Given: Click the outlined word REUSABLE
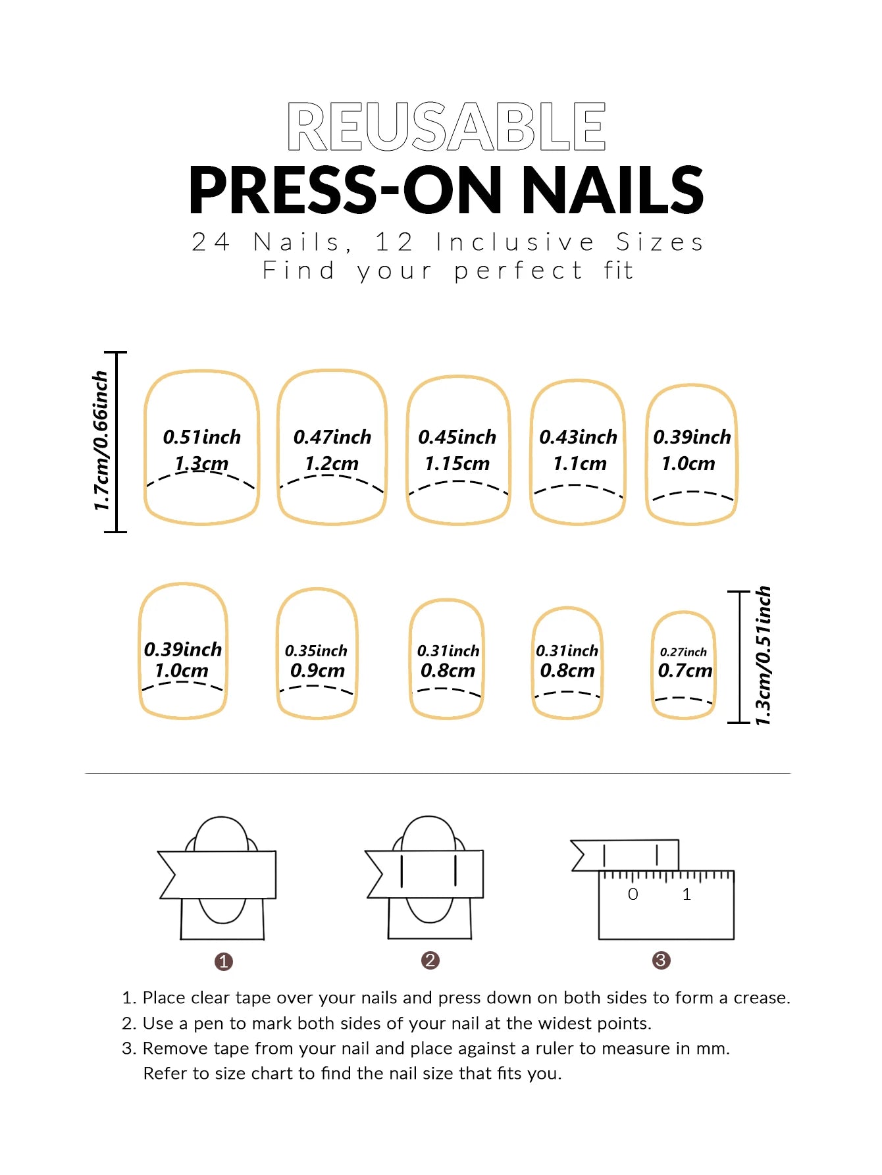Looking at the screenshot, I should [x=446, y=126].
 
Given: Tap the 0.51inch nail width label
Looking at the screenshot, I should [x=202, y=437].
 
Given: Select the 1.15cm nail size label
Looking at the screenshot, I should [x=457, y=463].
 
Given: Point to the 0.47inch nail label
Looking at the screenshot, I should [x=332, y=437].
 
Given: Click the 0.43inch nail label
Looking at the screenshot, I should [x=578, y=437].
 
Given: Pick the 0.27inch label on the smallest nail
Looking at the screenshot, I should [x=683, y=652].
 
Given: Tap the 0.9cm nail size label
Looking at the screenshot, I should [x=317, y=671].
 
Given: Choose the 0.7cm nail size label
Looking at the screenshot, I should [x=685, y=671].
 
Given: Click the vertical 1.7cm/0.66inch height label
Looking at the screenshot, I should [x=100, y=441].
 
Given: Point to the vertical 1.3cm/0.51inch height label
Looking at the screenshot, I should [x=763, y=656].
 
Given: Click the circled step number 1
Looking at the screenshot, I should [x=224, y=962].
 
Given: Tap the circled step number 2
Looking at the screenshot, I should [x=430, y=960].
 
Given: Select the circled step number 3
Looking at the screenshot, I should [x=661, y=960].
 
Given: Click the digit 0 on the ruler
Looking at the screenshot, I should [x=633, y=894].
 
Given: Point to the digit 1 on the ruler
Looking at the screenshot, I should [x=687, y=894].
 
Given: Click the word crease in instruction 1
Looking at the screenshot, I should [x=760, y=998].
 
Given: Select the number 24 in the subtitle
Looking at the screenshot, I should [x=211, y=242].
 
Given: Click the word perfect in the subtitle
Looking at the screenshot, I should [x=518, y=271].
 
